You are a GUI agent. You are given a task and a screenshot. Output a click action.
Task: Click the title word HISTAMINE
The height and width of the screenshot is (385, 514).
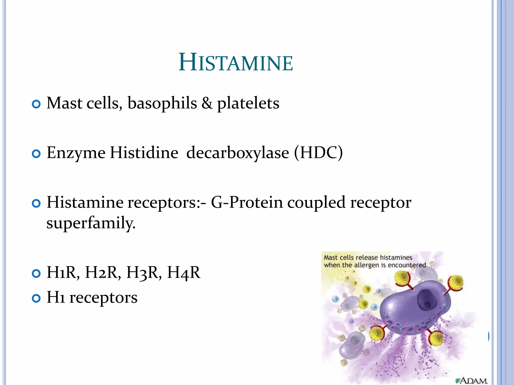pos(236,63)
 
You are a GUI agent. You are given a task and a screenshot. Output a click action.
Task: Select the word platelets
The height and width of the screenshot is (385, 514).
pos(248,103)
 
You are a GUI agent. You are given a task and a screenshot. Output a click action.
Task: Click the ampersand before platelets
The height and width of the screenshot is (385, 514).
pos(207,103)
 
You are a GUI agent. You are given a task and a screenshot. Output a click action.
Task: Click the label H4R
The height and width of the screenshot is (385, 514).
pos(184,272)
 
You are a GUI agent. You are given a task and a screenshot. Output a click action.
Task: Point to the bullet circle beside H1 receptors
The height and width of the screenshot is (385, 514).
pos(36,299)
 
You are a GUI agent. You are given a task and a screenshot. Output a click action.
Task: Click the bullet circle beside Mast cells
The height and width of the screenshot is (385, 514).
pos(36,104)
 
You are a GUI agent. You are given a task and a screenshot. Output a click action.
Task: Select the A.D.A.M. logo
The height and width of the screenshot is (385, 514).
pos(471,381)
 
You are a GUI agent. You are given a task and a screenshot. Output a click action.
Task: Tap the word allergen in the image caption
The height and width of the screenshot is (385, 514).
pos(367,265)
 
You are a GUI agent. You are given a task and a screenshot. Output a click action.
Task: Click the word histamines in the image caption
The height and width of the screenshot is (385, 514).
pos(396,257)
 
